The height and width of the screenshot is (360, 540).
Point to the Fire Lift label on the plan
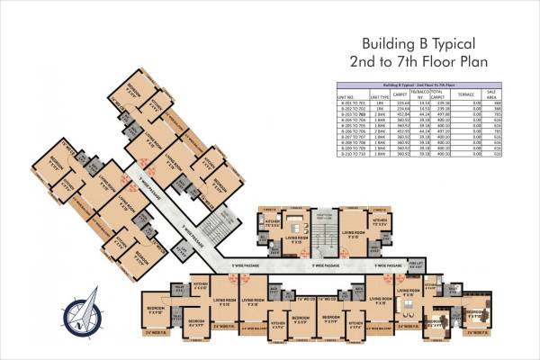click(x=388, y=265)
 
